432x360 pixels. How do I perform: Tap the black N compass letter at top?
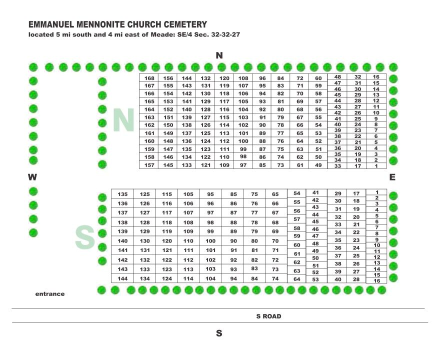(219, 55)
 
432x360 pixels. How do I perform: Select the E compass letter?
(392, 177)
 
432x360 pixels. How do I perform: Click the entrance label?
(50, 294)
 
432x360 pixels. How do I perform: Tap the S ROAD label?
(268, 316)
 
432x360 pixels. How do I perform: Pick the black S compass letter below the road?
(218, 333)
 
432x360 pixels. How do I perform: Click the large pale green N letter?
(123, 121)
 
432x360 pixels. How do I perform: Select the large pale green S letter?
(85, 237)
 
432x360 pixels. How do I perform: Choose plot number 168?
(149, 78)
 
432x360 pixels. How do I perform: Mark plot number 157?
(149, 165)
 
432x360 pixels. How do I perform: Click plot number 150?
(168, 125)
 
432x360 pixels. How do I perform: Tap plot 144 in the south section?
(123, 278)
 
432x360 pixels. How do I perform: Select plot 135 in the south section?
(123, 194)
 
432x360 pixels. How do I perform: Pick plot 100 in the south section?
(210, 241)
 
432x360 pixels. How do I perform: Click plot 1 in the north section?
(376, 166)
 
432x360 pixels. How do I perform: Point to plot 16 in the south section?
(377, 281)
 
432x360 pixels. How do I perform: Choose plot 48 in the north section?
(337, 77)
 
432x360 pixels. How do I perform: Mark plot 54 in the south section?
(297, 193)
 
